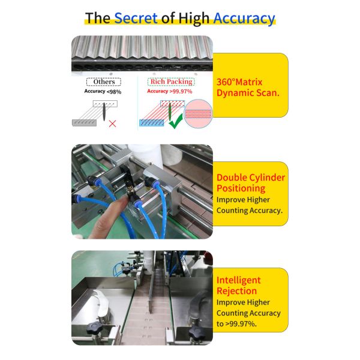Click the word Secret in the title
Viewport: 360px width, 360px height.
pos(136,18)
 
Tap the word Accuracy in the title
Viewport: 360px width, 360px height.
pos(244,19)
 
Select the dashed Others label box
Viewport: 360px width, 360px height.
pos(104,82)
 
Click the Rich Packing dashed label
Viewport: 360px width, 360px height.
pos(171,82)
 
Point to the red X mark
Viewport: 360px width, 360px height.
pos(113,124)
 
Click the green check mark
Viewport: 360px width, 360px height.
pos(176,121)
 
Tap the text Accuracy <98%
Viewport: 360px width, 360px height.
pos(103,91)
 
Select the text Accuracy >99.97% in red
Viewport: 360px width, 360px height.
pos(170,91)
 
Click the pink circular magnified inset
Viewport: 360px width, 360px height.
pos(198,113)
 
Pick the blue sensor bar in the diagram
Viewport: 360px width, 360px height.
pos(152,123)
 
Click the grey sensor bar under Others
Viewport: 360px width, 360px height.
pos(84,123)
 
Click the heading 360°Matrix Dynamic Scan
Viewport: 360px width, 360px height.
pos(248,88)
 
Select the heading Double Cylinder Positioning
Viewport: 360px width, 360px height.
pos(251,183)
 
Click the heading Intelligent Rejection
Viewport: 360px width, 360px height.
pos(239,286)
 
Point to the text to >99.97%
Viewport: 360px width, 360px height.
pos(236,324)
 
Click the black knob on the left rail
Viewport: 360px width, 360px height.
pos(94,328)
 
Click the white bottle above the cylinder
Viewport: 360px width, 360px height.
pos(145,154)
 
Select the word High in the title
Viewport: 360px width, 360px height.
pos(194,19)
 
